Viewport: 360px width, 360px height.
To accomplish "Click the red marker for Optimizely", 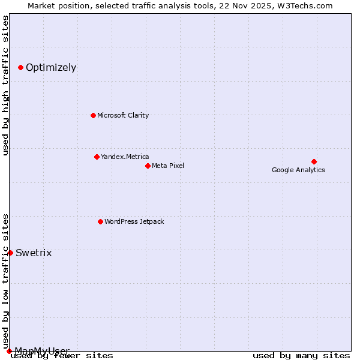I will [20, 67].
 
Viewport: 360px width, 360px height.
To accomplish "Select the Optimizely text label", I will [51, 67].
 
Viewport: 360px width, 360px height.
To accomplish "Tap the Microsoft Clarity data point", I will [93, 115].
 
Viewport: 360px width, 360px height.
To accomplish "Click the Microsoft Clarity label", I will [123, 115].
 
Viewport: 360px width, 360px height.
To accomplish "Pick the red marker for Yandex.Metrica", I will [97, 157].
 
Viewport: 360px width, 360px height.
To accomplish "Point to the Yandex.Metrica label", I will [125, 157].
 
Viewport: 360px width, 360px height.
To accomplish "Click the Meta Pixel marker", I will [148, 166].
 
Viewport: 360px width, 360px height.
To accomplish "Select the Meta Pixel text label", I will [168, 166].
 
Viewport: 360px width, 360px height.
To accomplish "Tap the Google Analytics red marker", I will [314, 161].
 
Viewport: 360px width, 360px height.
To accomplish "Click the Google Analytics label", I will [298, 170].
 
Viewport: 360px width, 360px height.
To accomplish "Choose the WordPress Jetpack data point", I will [100, 221].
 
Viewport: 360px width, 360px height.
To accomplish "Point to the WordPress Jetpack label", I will [134, 221].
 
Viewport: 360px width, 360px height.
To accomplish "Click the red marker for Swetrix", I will [10, 253].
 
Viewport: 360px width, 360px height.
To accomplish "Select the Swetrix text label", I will [34, 253].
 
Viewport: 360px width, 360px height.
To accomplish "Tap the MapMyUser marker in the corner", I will [9, 351].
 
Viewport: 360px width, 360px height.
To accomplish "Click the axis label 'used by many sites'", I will [301, 355].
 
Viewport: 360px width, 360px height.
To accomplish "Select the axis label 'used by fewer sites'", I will [62, 355].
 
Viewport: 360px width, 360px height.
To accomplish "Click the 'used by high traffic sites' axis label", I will [5, 85].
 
